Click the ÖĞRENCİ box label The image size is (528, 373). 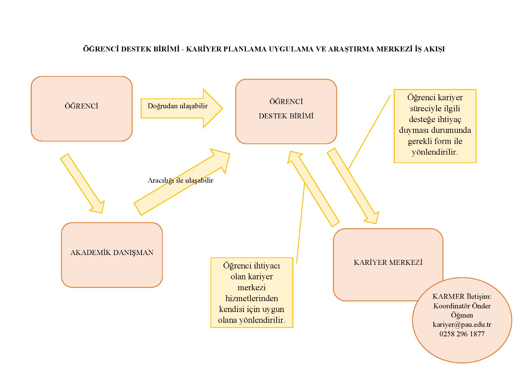pyautogui.click(x=81, y=106)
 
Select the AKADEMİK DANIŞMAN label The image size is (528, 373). pyautogui.click(x=112, y=253)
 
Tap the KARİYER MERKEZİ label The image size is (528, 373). pyautogui.click(x=388, y=263)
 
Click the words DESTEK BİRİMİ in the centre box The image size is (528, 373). pyautogui.click(x=286, y=116)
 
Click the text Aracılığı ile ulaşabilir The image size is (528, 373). pyautogui.click(x=180, y=180)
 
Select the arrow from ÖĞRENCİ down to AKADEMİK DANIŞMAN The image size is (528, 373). pyautogui.click(x=82, y=183)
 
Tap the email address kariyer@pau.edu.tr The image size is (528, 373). pyautogui.click(x=462, y=325)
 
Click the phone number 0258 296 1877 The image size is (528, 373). pyautogui.click(x=462, y=334)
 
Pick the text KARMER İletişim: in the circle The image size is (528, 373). pyautogui.click(x=462, y=296)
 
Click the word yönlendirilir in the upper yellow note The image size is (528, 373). pyautogui.click(x=434, y=152)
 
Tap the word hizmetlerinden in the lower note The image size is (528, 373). pyautogui.click(x=251, y=298)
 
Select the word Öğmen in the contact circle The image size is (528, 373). pyautogui.click(x=462, y=315)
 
